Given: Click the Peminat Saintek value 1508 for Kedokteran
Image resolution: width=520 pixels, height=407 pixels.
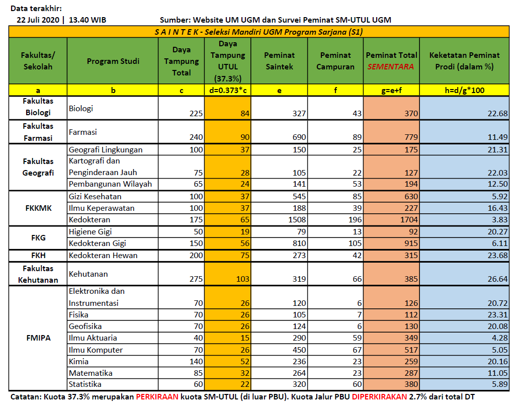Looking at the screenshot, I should tap(295, 220).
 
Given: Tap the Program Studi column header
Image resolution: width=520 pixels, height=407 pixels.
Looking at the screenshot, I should tap(113, 61).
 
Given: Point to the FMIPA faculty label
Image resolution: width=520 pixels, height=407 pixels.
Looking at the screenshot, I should tap(38, 338).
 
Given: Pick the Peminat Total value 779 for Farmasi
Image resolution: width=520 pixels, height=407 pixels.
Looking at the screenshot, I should tap(408, 137).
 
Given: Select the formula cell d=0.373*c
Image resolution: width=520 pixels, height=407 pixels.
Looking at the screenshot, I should tap(227, 91).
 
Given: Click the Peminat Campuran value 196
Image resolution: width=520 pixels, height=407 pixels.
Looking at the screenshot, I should tap(351, 220).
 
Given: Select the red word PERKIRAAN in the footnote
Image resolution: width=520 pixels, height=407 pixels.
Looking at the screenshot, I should tap(157, 397).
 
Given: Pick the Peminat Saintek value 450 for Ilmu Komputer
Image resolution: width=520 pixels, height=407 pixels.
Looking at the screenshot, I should tap(297, 350).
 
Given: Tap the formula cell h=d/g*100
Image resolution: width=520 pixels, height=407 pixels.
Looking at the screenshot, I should tap(465, 91).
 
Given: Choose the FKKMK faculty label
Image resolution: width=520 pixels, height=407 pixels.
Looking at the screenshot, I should tap(38, 208).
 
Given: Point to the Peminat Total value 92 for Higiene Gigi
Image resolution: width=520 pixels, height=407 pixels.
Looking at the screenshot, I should tap(411, 232).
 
